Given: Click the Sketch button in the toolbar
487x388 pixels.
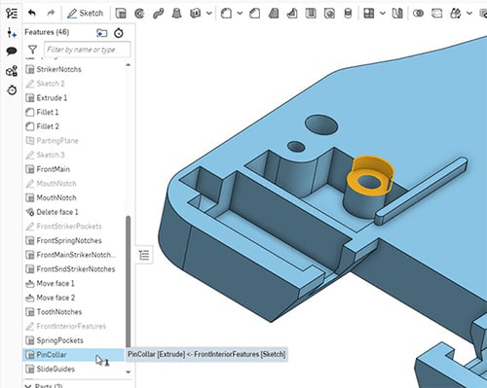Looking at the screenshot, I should click(84, 14).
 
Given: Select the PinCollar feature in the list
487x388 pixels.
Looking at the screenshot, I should click(57, 355).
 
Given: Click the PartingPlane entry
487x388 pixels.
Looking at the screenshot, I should click(61, 140).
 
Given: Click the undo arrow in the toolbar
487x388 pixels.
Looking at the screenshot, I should click(31, 14).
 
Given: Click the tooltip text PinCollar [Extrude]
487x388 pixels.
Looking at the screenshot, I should click(206, 355).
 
